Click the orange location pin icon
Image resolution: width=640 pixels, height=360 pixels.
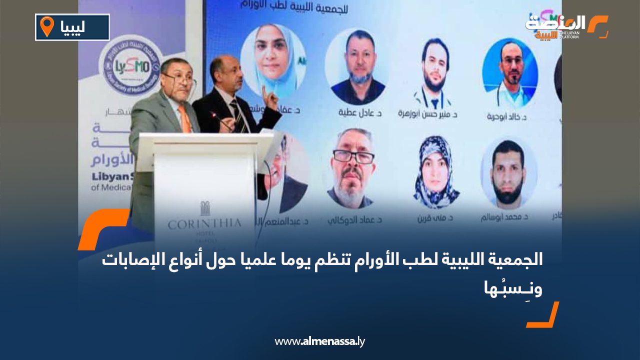coord(47,26)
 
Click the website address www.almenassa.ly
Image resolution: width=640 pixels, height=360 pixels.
coord(320,341)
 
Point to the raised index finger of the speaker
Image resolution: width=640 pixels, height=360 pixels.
coord(264,90)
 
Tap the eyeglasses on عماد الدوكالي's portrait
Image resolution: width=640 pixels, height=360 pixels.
coord(353,157)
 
